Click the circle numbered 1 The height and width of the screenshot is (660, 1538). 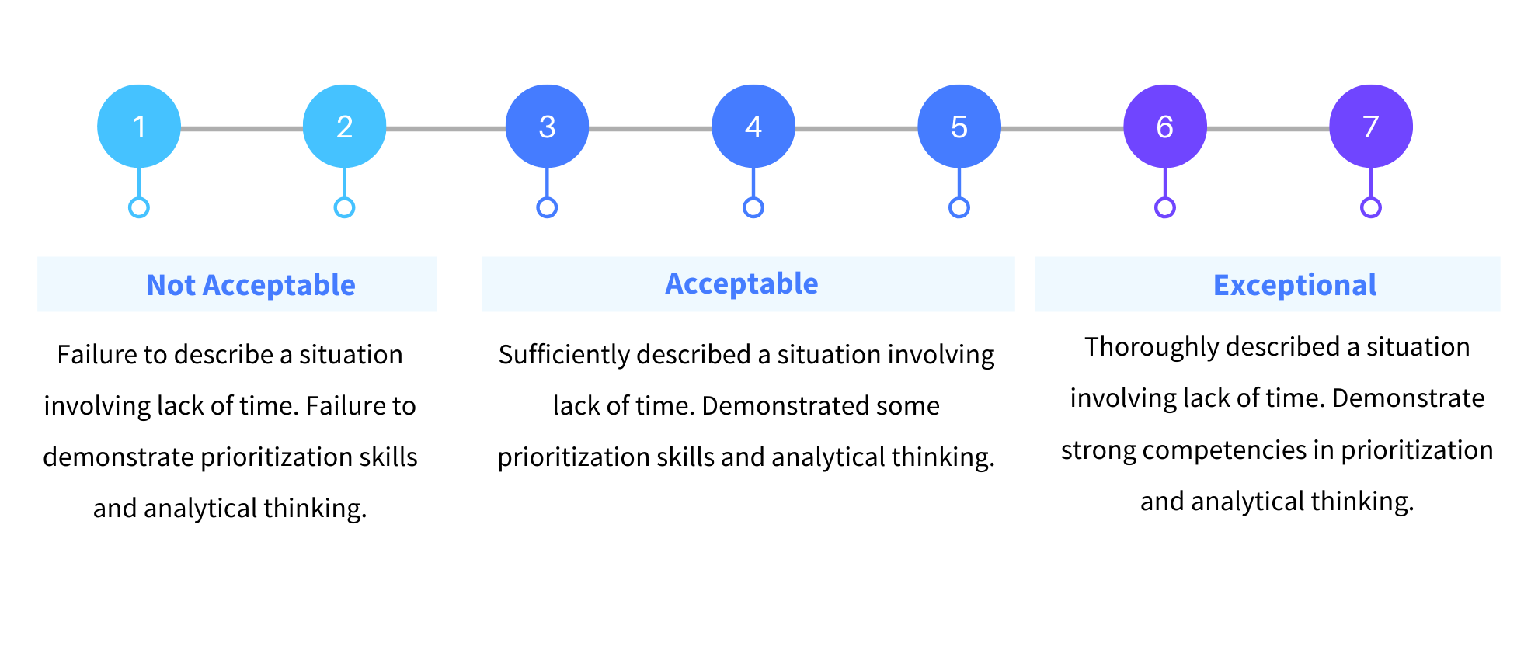click(139, 127)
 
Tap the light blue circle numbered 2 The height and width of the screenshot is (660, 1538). click(344, 127)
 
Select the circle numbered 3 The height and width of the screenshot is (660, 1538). click(547, 127)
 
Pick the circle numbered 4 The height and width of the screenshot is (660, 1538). click(753, 127)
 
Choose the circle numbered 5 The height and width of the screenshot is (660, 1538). click(959, 127)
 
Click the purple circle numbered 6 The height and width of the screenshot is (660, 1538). click(1165, 127)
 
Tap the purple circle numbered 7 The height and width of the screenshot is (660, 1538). click(1371, 127)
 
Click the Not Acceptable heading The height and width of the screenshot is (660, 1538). click(251, 285)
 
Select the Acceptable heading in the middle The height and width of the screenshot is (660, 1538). click(742, 283)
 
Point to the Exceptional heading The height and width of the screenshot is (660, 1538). click(1295, 285)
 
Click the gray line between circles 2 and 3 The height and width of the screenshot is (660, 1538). click(446, 128)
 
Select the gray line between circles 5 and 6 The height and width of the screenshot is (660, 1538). click(1063, 128)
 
